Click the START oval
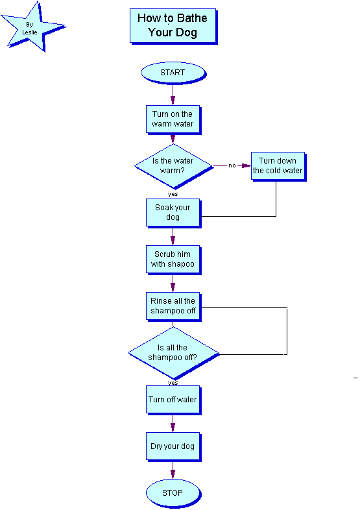point(173,73)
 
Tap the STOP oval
point(173,493)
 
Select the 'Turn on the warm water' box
point(173,119)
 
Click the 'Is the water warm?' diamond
point(174,166)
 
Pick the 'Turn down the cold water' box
point(278,166)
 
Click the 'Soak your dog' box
point(173,213)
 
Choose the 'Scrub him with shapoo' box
point(173,260)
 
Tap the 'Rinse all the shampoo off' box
point(173,306)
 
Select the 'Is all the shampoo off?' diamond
point(174,353)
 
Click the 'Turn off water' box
point(173,400)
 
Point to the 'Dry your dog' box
point(173,446)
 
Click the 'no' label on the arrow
point(232,165)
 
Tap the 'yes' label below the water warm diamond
point(173,194)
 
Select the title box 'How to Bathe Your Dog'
point(173,26)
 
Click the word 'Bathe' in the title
point(193,18)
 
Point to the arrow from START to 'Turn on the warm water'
point(173,95)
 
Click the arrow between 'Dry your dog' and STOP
point(173,470)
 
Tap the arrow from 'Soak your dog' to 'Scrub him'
point(173,236)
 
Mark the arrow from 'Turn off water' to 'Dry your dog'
point(173,424)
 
